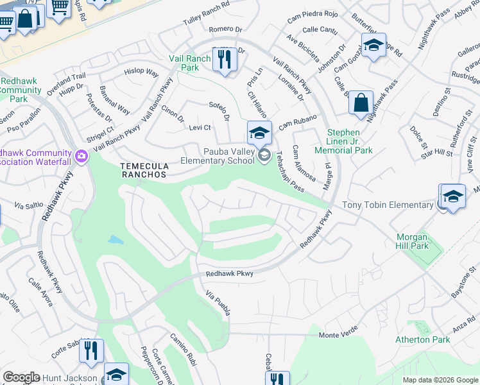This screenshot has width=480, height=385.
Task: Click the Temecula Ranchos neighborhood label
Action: (144, 169)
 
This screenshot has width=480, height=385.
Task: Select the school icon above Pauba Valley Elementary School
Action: (259, 133)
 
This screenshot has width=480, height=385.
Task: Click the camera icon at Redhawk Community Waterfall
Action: (81, 156)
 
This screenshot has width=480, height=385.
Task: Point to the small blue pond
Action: (116, 241)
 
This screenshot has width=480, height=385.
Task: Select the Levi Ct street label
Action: (200, 128)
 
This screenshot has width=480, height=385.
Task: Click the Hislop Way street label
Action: (141, 71)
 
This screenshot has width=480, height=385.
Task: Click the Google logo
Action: (21, 377)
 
